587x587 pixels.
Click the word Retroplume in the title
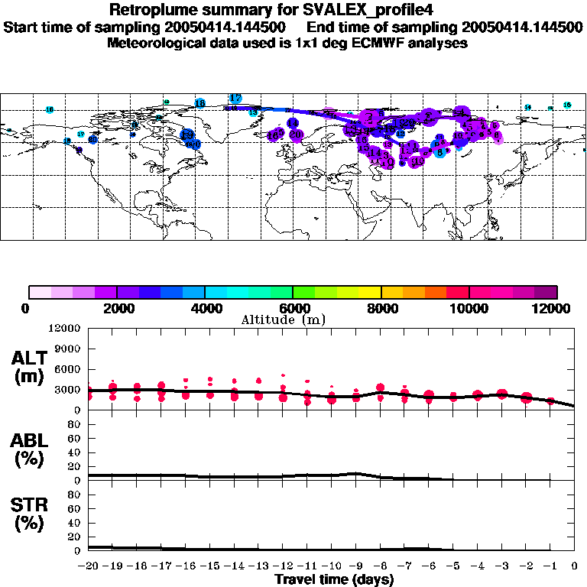151,10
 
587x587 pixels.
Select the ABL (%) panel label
31,449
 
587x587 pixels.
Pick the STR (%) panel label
31,515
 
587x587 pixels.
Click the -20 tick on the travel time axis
89,567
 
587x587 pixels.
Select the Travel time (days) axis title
334,579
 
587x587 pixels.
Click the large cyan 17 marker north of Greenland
235,99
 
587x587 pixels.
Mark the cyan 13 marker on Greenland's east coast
253,113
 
